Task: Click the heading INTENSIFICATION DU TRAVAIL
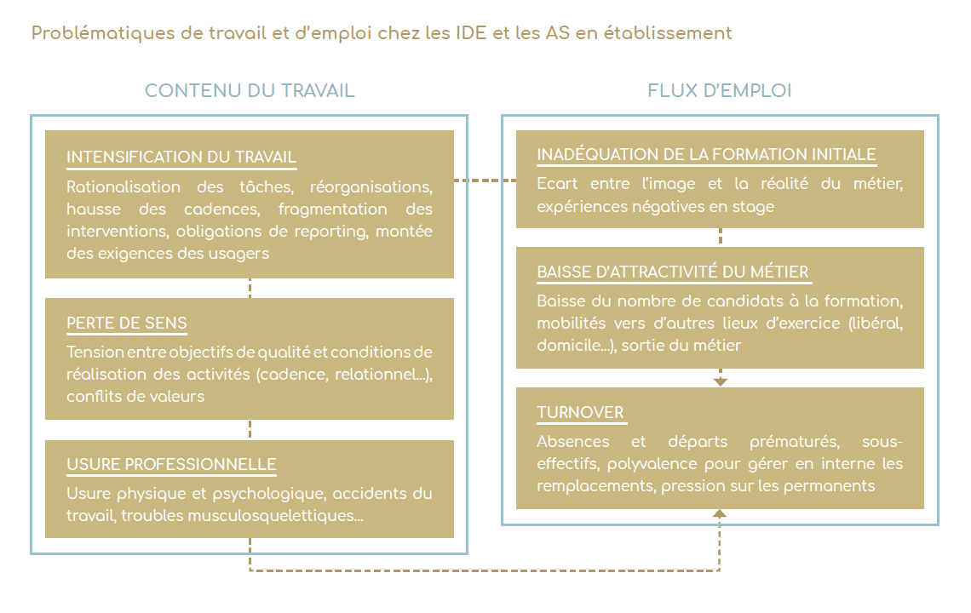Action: [181, 157]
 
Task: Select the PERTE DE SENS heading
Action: [127, 323]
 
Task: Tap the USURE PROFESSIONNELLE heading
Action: [171, 464]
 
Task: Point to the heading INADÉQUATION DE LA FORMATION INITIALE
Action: [707, 154]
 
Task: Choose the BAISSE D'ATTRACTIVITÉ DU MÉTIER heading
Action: [673, 272]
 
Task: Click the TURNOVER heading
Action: [580, 412]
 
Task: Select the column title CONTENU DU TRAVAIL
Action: [250, 90]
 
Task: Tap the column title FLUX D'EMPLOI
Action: [720, 90]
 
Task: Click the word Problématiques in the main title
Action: [103, 33]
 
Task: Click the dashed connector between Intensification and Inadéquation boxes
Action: [485, 180]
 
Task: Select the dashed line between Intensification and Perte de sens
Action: [250, 288]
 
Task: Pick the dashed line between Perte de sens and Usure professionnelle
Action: [250, 430]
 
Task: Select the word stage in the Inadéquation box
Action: [753, 208]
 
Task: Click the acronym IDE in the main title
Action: [471, 33]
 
